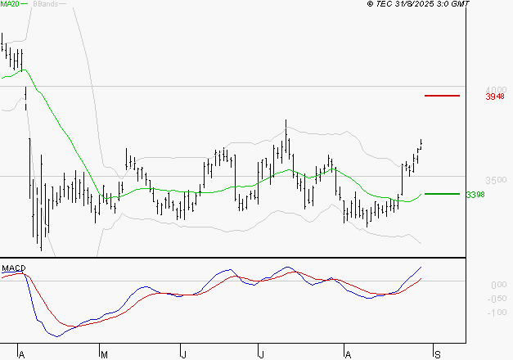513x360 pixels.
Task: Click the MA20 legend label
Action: (9, 5)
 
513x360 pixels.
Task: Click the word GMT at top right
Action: (461, 4)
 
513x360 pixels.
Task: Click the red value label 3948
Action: (494, 97)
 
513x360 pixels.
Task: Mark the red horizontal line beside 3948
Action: (442, 96)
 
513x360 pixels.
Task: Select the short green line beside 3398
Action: (442, 194)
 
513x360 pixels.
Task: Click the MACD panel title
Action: (13, 268)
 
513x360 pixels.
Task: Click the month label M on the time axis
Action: (103, 354)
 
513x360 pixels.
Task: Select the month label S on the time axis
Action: (438, 354)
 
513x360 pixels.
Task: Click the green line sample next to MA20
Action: (25, 5)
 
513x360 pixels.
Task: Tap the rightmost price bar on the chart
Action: (421, 144)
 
